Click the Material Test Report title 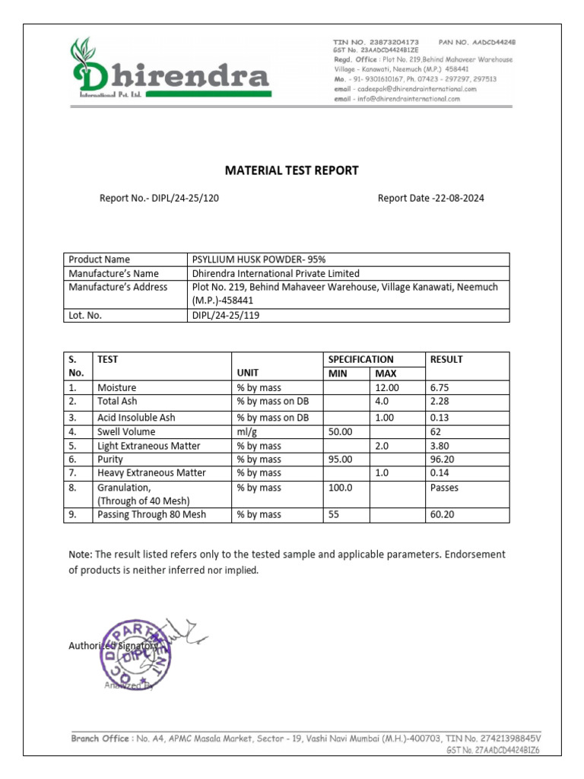pos(292,170)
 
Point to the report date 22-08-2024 pos(458,199)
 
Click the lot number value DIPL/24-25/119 pos(226,315)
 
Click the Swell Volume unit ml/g pos(248,431)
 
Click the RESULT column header pos(446,359)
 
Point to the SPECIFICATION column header pos(360,359)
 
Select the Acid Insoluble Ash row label pos(136,418)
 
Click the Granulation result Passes pos(444,488)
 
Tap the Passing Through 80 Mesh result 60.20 pos(443,515)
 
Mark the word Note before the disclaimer pos(80,555)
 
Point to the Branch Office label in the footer pos(100,738)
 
